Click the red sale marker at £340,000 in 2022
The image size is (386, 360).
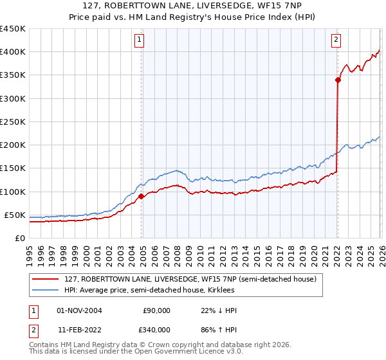[337, 80]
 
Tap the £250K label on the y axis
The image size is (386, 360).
[12, 122]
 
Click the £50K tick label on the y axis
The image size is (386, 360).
[15, 215]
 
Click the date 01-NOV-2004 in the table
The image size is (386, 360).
[80, 310]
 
